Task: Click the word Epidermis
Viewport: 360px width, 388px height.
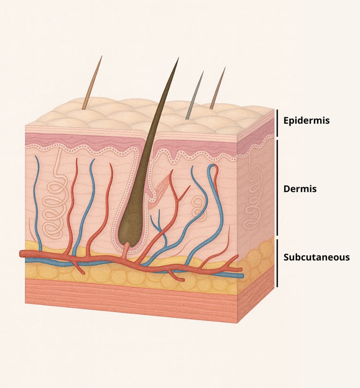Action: click(x=307, y=121)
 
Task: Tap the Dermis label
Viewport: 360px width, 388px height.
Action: click(x=300, y=189)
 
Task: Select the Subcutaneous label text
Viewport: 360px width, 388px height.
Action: click(x=316, y=257)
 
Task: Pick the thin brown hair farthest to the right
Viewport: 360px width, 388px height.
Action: click(x=217, y=89)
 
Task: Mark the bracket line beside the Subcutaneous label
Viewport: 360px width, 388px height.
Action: click(x=277, y=263)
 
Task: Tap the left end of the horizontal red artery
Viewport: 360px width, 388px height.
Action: click(x=22, y=253)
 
